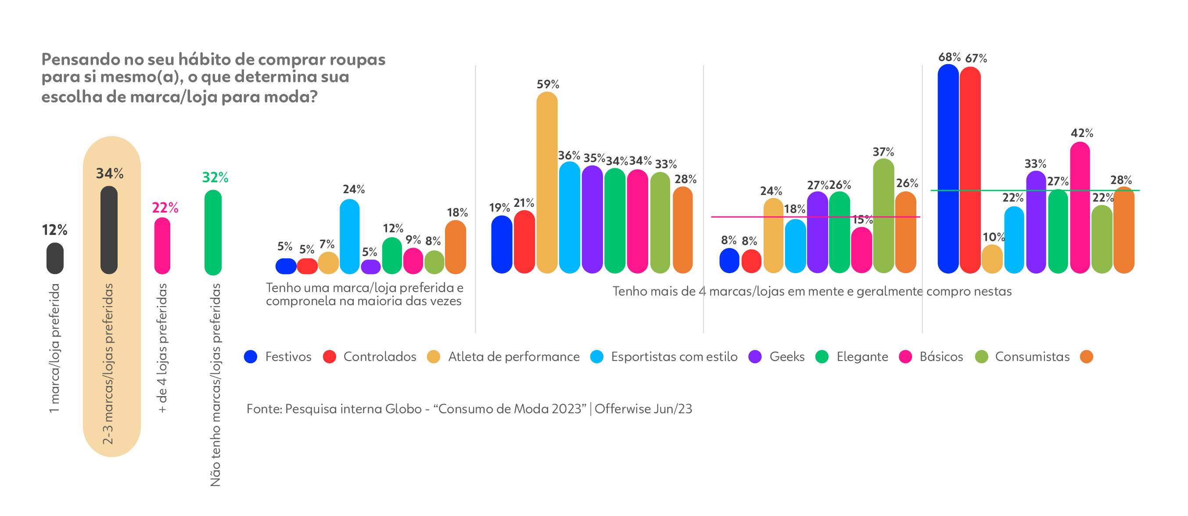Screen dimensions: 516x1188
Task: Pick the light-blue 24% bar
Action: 350,236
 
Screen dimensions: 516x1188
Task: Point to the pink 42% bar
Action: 1080,207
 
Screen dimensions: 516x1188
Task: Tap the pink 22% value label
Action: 165,208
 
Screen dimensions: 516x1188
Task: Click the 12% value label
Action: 54,230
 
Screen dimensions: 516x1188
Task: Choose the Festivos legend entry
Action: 278,357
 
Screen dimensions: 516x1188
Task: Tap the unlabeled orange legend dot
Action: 1087,357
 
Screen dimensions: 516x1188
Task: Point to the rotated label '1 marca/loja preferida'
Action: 55,348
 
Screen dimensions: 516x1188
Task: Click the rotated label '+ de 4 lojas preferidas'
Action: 162,348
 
